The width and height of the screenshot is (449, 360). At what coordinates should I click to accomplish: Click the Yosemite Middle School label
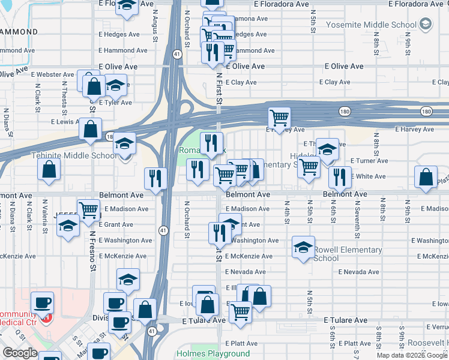coord(371,25)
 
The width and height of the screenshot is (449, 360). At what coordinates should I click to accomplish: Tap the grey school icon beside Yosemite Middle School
coord(426,25)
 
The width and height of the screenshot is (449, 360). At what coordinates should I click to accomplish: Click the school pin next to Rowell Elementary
coord(303,247)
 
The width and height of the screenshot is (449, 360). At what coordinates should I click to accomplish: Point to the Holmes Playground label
coord(212,353)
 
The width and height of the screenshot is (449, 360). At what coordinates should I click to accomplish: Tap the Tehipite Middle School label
coord(74,156)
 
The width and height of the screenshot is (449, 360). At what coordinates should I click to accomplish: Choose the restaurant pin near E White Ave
coord(340,176)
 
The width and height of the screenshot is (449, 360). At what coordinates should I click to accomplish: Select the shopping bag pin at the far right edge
coord(426,177)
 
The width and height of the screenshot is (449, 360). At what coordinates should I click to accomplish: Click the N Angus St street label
coord(155,19)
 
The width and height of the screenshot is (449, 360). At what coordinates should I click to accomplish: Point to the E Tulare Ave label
coord(345,320)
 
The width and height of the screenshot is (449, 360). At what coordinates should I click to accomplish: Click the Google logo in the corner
coord(20,353)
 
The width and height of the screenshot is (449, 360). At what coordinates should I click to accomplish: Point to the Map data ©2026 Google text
coord(412,355)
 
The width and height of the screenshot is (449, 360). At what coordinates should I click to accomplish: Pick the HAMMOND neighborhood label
coord(19,31)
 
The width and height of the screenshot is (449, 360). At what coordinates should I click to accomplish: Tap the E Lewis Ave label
coord(65,121)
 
